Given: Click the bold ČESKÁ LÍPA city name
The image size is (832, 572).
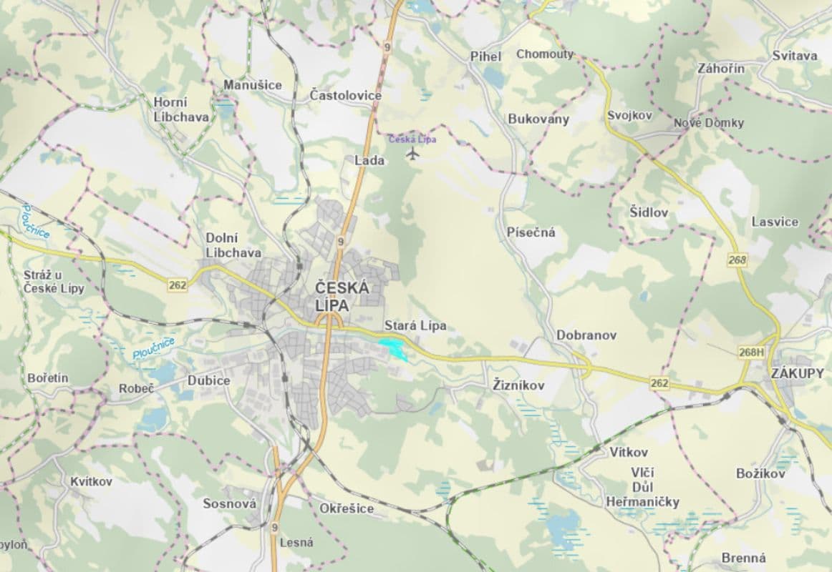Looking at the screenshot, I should (x=342, y=296).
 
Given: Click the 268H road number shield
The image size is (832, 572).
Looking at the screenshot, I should (x=750, y=352).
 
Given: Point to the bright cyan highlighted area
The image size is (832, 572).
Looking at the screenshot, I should (x=392, y=349).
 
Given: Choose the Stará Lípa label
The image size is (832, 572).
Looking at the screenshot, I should (x=415, y=326).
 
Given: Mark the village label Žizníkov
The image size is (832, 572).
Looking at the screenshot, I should (x=519, y=385).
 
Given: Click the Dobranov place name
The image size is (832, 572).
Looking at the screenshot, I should (x=586, y=335).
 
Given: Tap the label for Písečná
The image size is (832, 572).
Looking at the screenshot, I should (x=531, y=232).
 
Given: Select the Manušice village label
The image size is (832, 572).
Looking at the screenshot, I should (x=253, y=85).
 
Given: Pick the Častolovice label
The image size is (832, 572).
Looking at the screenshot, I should (x=346, y=95).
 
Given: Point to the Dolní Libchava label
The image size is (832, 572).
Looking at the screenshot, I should (x=233, y=245).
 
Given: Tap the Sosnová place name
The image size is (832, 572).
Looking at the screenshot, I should (x=229, y=504).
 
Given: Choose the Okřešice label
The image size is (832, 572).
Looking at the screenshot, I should (x=347, y=508).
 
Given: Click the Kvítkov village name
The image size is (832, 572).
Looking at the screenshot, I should (x=92, y=481).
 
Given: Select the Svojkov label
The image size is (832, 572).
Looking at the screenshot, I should (x=629, y=115).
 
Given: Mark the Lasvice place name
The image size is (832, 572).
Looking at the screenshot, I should (x=775, y=222).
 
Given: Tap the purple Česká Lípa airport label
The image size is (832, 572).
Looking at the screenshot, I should (x=412, y=139).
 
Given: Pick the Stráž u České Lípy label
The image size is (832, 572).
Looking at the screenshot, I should (x=54, y=282).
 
